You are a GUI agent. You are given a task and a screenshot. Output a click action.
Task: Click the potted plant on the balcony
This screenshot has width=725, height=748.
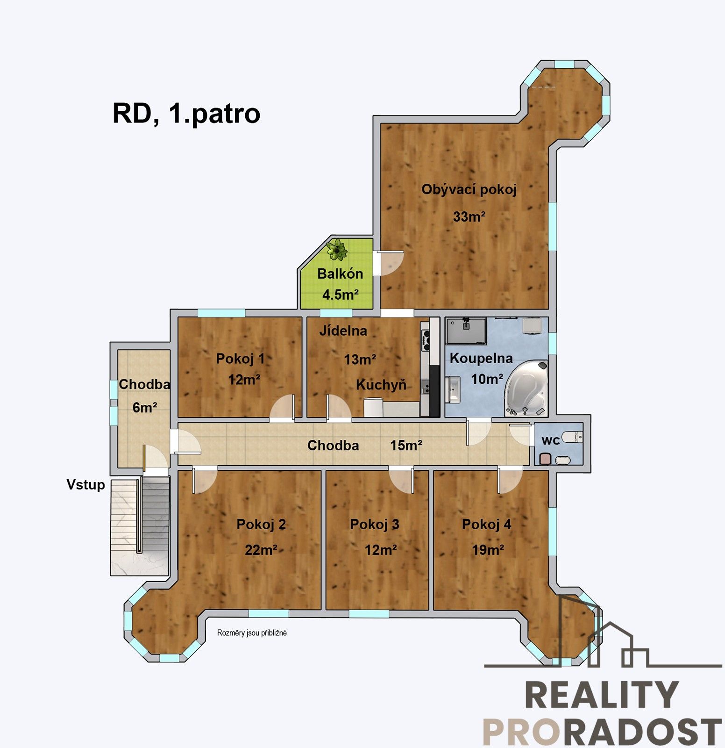click(336, 249)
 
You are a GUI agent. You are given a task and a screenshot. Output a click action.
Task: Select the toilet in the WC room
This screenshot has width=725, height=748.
click(572, 438)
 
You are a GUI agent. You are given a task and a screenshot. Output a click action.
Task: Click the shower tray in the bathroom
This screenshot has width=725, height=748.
click(466, 331)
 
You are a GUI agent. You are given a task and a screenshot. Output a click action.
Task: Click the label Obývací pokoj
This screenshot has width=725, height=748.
click(469, 190)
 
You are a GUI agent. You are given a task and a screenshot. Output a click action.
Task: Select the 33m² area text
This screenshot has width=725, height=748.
click(469, 217)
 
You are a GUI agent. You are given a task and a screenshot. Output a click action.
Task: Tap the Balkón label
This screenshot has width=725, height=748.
click(340, 273)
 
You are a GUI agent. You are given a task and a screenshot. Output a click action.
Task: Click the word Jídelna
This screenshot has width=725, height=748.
click(343, 331)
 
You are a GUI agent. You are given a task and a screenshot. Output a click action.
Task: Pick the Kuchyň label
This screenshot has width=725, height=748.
click(381, 385)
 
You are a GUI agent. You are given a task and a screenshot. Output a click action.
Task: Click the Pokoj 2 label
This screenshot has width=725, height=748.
click(261, 525)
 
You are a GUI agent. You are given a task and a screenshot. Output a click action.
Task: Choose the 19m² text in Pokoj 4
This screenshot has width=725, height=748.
click(488, 550)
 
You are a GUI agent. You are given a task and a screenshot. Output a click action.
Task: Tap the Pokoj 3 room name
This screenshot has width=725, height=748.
click(375, 525)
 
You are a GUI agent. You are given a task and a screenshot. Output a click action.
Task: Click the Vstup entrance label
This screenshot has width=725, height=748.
click(86, 485)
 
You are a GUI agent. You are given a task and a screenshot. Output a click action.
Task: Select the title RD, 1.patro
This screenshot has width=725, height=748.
click(186, 114)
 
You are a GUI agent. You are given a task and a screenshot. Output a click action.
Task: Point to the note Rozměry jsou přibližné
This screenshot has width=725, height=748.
click(252, 633)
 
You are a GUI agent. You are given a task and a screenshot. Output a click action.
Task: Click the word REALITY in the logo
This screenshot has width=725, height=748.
click(602, 695)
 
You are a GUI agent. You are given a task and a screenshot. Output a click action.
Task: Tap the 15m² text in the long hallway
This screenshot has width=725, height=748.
click(406, 446)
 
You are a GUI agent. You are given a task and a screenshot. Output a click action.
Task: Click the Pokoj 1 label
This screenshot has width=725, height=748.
click(240, 359)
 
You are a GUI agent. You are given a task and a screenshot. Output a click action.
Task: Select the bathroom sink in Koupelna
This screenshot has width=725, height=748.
click(453, 389)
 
